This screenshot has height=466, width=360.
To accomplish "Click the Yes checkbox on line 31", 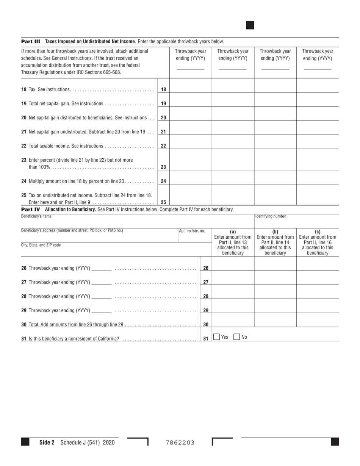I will pos(216,337).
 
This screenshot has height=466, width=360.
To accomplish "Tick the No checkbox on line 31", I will pos(236,337).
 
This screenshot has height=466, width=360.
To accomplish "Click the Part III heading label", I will pos(30,41).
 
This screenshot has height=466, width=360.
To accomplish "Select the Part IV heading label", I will pos(30,209).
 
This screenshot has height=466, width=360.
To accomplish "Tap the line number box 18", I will pos(163,89).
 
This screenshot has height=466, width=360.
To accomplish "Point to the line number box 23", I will pos(163,167).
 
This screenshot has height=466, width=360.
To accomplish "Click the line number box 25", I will pos(163,202).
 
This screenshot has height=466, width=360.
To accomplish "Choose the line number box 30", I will pos(206,324).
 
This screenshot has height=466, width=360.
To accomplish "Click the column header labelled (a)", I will pos(233,232).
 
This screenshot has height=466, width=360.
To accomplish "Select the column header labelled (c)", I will pos(318,232).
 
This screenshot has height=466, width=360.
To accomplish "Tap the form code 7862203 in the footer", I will pos(180,442).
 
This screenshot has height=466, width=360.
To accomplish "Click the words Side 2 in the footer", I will pos(47,442).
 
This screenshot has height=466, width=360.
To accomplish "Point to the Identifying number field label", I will pos(271,216).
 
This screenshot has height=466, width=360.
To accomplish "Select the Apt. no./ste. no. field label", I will pos(192,231).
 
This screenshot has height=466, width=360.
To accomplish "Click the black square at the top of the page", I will pos(250,25).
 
